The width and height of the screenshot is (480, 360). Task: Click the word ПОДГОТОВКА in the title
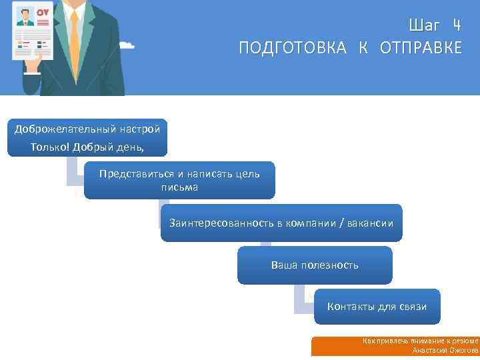pyautogui.click(x=293, y=48)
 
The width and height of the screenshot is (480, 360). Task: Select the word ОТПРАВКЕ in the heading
pyautogui.click(x=421, y=48)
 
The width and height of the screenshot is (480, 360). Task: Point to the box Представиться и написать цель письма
pyautogui.click(x=179, y=180)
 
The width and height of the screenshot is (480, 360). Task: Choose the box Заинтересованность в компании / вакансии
pyautogui.click(x=281, y=223)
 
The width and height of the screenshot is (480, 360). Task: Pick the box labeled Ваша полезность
pyautogui.click(x=315, y=265)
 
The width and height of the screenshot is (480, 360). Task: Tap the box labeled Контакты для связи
pyautogui.click(x=377, y=307)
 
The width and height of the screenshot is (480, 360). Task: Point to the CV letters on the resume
pyautogui.click(x=43, y=13)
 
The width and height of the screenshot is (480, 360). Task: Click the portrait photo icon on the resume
pyautogui.click(x=25, y=16)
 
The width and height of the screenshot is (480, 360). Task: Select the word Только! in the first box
pyautogui.click(x=50, y=147)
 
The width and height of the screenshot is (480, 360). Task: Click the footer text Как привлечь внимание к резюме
pyautogui.click(x=420, y=341)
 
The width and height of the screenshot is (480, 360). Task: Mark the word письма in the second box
pyautogui.click(x=179, y=187)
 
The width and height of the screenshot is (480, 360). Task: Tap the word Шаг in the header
pyautogui.click(x=425, y=26)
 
